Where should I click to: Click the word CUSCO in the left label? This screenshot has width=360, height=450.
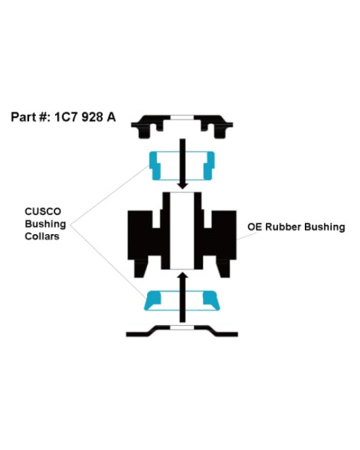(x=43, y=211)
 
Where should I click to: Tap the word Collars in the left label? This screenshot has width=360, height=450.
(x=42, y=236)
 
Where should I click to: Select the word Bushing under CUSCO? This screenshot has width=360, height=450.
(x=45, y=224)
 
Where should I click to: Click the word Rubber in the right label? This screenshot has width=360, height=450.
(x=283, y=227)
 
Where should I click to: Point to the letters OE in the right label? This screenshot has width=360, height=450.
(x=254, y=227)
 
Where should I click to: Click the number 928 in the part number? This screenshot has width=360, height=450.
(x=92, y=117)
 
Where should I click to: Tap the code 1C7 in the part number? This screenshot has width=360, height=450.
(x=67, y=117)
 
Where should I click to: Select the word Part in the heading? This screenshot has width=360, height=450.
(x=23, y=117)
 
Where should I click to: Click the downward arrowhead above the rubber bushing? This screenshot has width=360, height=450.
(x=182, y=184)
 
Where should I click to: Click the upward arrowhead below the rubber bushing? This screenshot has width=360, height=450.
(x=182, y=276)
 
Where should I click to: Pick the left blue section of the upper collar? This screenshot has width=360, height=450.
(x=154, y=165)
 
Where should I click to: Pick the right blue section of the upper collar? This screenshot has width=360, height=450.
(x=209, y=165)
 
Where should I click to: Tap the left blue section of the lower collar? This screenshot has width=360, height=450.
(x=152, y=300)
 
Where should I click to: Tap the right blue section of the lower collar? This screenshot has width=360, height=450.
(x=211, y=300)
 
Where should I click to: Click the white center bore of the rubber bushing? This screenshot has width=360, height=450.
(x=182, y=231)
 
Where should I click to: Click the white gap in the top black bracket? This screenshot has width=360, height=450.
(x=182, y=117)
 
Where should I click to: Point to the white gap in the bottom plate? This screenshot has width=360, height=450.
(x=182, y=328)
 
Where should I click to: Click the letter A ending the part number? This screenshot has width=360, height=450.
(x=111, y=117)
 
